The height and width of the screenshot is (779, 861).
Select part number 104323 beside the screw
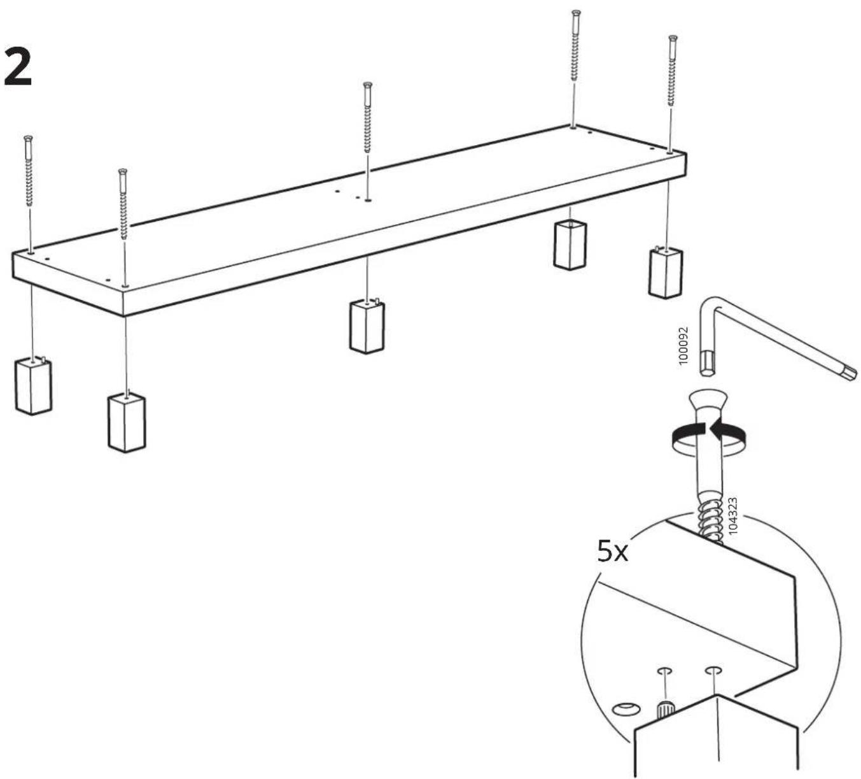pos(732,515)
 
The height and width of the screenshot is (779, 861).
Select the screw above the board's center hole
pos(367,117)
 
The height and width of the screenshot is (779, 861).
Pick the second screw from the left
pos(123,204)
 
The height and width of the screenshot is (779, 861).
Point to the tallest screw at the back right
pos(575,46)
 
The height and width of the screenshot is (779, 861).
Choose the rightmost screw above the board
pos(673,71)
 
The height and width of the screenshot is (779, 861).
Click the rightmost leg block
pos(665,272)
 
